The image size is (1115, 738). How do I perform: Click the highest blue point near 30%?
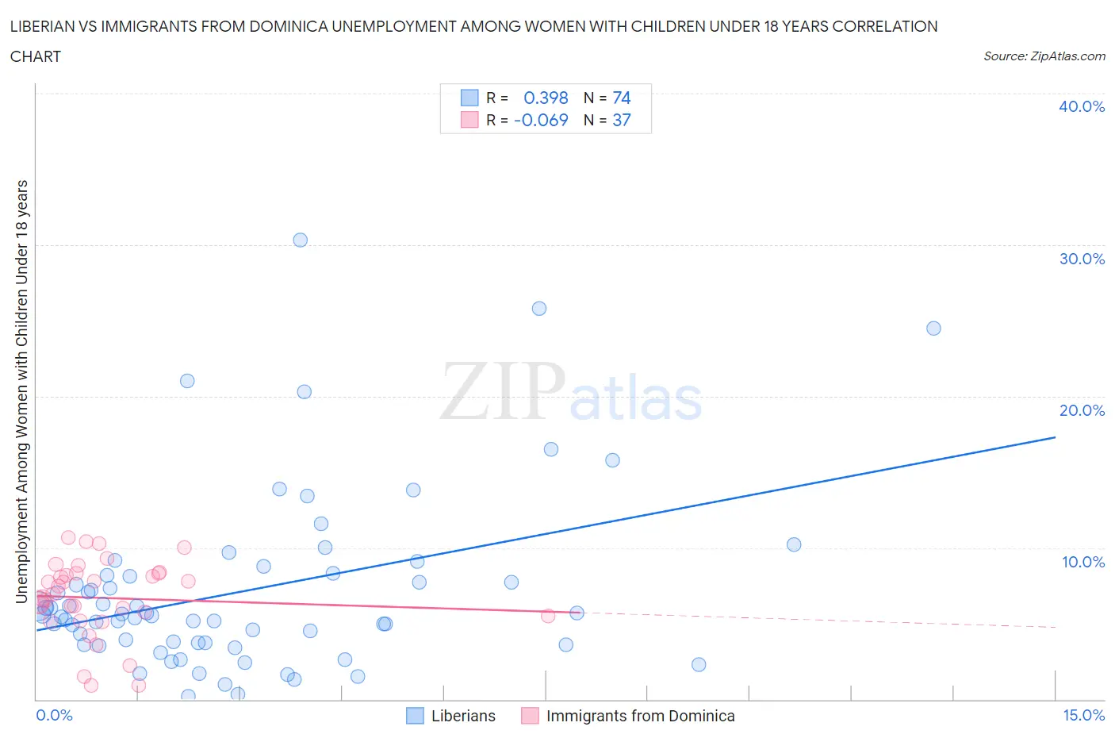tap(300, 240)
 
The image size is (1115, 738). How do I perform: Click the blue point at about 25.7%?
tap(539, 309)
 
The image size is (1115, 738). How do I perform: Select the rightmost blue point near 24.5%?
tap(933, 329)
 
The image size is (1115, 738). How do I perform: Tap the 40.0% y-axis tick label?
tap(1082, 106)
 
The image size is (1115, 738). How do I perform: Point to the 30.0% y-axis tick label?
tap(1082, 259)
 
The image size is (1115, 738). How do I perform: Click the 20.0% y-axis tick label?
tap(1082, 410)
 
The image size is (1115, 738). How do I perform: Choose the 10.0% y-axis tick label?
tap(1082, 562)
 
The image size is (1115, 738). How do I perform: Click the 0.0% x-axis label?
tap(54, 715)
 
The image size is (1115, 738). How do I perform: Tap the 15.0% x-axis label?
tap(1083, 715)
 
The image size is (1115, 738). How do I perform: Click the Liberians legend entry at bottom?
tap(462, 716)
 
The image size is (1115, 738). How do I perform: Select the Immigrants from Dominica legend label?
tap(640, 716)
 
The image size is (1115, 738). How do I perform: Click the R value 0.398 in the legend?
tap(546, 98)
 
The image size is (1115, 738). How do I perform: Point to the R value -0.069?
tap(541, 120)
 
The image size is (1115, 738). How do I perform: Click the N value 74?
tap(621, 98)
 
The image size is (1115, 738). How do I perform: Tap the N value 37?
tap(621, 120)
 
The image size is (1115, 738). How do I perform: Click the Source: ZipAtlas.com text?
tap(1044, 56)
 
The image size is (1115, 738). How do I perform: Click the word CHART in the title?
tap(36, 56)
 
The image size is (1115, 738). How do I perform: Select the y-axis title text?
tap(21, 390)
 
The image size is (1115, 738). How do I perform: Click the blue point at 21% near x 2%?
tap(187, 381)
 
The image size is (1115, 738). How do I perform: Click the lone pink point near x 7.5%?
tap(548, 616)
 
